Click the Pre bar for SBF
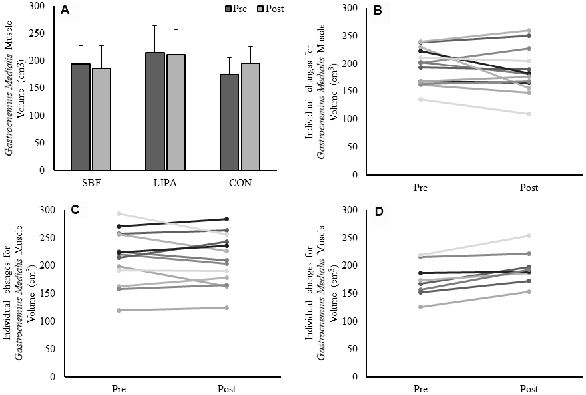pyautogui.click(x=81, y=117)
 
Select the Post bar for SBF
pyautogui.click(x=102, y=119)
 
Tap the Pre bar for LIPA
pyautogui.click(x=155, y=111)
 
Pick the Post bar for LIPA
pyautogui.click(x=176, y=112)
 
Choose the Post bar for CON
pyautogui.click(x=250, y=116)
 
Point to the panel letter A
pyautogui.click(x=65, y=10)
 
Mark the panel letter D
pyautogui.click(x=378, y=212)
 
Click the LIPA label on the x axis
pyautogui.click(x=166, y=182)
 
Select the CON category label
pyautogui.click(x=240, y=182)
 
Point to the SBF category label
pyautogui.click(x=91, y=182)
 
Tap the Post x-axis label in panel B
pyautogui.click(x=529, y=188)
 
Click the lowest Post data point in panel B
pyautogui.click(x=529, y=114)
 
